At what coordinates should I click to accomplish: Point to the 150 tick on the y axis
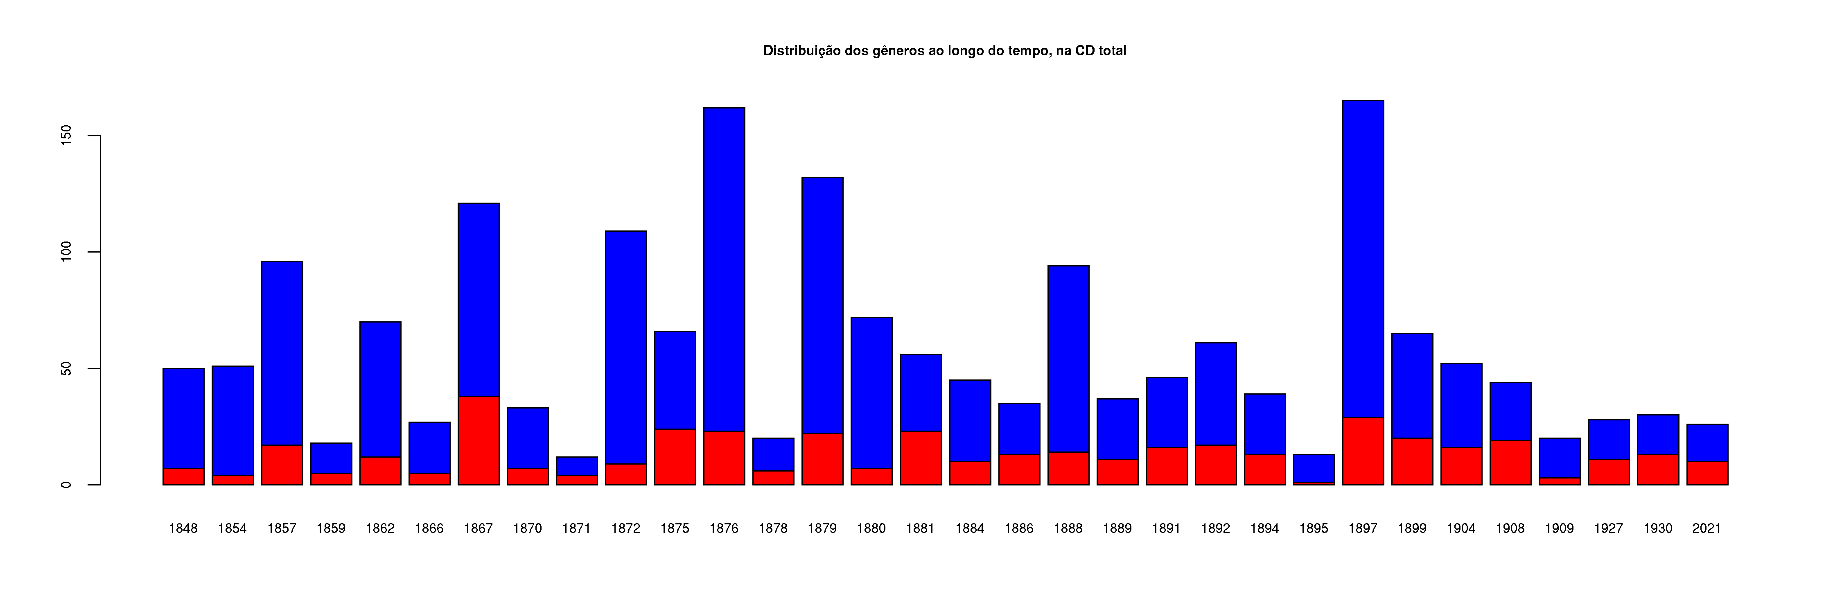tap(66, 136)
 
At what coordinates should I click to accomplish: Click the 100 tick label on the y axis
tap(66, 252)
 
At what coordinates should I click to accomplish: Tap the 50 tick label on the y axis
tap(66, 369)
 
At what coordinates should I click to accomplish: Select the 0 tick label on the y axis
tap(66, 485)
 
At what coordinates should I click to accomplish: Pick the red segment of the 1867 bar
tap(479, 440)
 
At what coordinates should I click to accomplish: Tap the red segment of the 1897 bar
tap(1363, 451)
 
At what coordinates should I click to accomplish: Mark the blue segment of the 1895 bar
tap(1314, 468)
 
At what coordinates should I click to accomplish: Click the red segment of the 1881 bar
tap(920, 458)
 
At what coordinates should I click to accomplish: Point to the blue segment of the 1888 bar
tap(1068, 359)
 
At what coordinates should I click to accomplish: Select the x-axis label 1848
tap(183, 528)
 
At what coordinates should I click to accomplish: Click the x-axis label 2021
tap(1707, 528)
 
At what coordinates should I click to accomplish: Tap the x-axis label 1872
tap(626, 528)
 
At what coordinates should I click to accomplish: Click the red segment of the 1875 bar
tap(675, 457)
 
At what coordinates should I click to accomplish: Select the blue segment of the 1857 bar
tap(282, 353)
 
